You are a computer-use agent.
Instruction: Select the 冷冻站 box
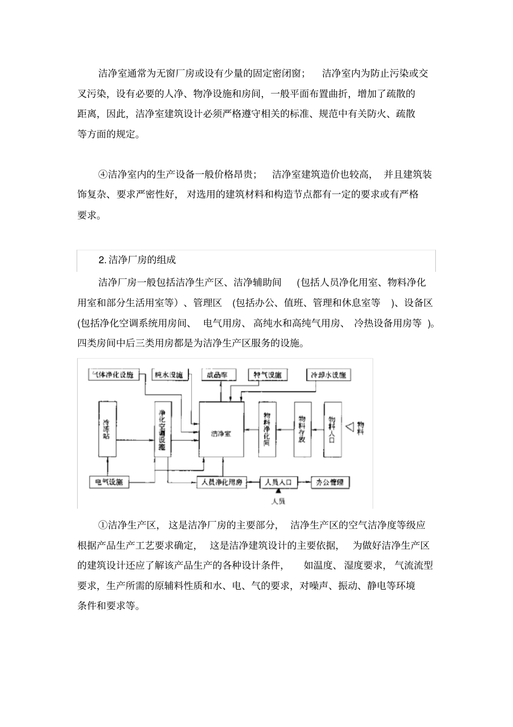(x=107, y=429)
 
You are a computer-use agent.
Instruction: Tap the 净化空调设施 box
(x=162, y=430)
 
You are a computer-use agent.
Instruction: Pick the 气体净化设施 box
(x=113, y=375)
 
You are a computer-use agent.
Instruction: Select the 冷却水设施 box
(x=328, y=375)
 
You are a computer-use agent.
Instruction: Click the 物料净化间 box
(x=267, y=430)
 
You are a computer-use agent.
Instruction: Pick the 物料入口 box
(x=332, y=430)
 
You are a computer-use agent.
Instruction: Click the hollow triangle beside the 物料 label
(x=349, y=428)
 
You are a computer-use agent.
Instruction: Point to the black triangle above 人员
(x=279, y=491)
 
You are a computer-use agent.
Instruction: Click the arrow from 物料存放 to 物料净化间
(x=285, y=430)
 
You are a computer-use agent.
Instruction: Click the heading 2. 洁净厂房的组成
(x=137, y=260)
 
